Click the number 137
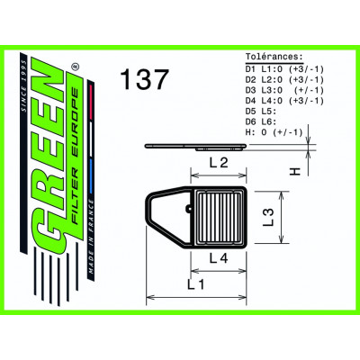144,80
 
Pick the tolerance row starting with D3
278,87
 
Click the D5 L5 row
258,109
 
